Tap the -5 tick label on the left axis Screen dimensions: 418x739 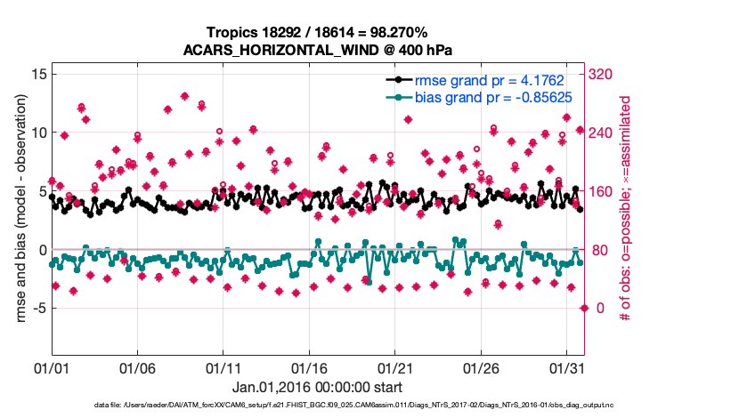point(37,309)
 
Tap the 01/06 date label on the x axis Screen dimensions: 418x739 point(138,367)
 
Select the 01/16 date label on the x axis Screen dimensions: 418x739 point(309,367)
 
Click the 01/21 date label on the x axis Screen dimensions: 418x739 point(395,367)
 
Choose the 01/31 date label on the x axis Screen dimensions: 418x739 point(567,367)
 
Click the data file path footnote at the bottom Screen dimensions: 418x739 point(354,406)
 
